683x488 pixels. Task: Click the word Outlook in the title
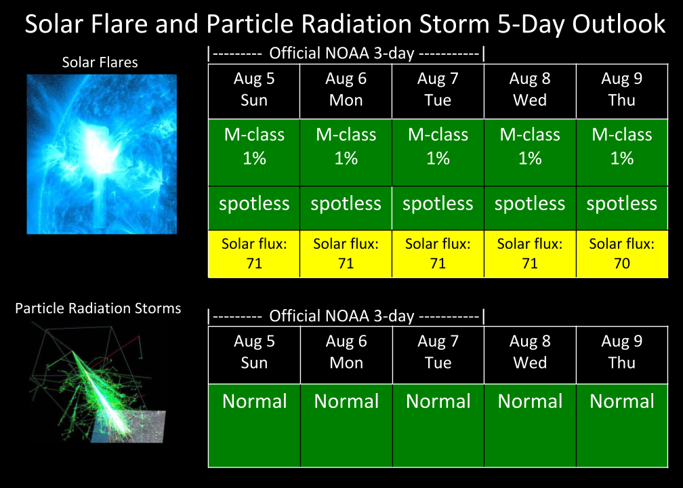619,24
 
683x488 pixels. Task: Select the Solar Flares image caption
100,62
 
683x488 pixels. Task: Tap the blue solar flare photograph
102,155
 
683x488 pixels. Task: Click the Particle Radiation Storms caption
98,308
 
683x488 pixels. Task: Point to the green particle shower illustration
98,384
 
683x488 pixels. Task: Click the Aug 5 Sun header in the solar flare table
254,91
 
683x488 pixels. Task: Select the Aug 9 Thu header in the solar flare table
621,91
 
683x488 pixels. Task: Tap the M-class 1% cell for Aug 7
438,152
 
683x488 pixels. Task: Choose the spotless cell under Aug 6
346,208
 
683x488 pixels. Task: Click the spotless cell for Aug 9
621,208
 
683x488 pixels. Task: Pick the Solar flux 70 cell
621,253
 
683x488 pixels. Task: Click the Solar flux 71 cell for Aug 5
254,253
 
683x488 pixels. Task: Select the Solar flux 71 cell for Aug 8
530,253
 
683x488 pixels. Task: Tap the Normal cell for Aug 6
346,425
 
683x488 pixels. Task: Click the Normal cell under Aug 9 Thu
621,425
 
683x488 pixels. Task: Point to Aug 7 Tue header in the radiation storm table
438,354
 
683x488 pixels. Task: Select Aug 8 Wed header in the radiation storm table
530,354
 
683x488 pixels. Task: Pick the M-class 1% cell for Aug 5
254,152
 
